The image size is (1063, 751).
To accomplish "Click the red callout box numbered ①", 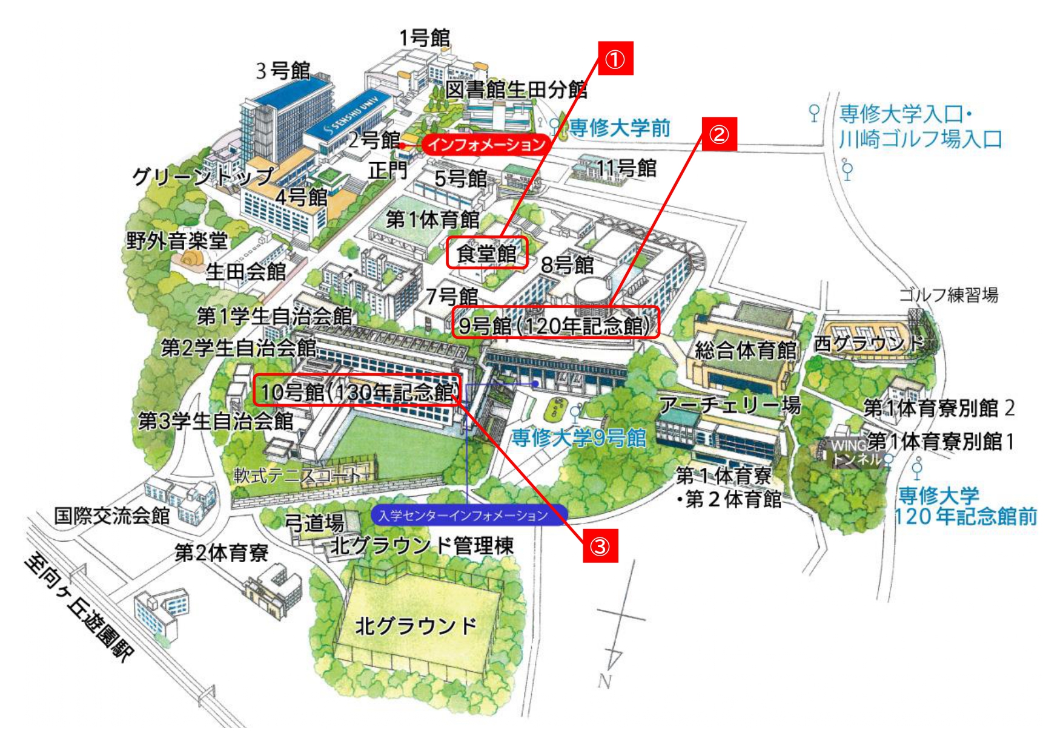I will point(615,59).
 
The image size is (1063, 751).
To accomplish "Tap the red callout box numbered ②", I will point(719,134).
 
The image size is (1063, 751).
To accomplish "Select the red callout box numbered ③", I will point(600,546).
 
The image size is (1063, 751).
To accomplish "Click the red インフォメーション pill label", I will point(487,144).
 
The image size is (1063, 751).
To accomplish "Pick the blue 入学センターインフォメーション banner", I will point(464,516).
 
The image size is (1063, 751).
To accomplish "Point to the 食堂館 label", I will point(487,253).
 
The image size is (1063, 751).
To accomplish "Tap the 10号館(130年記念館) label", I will point(357,391).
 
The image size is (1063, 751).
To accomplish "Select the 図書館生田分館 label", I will point(516,90).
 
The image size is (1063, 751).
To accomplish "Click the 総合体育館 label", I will point(745,350).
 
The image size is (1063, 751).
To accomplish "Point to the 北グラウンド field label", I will point(416,626).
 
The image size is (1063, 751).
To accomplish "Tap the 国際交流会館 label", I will point(112,516).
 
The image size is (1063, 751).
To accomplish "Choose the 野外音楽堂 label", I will point(177,241).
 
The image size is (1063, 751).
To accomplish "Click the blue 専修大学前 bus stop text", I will point(619,128).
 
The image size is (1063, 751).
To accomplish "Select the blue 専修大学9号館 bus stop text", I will point(578,438).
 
